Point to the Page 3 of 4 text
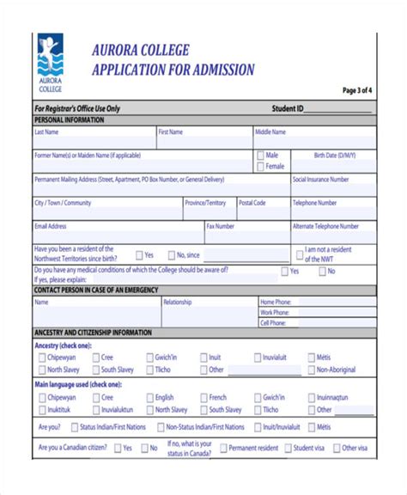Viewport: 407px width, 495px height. coord(356,90)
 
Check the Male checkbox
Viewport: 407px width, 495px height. coord(259,156)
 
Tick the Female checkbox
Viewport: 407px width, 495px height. coord(259,167)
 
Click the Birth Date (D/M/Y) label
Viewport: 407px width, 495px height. coord(333,156)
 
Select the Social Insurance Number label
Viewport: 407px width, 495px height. coord(321,180)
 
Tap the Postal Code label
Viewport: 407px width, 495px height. coord(252,203)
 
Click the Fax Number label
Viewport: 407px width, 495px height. coord(221,226)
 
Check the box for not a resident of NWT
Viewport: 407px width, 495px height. coord(300,254)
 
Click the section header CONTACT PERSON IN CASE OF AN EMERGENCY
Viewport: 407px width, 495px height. coord(95,290)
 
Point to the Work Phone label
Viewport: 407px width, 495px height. coord(275,313)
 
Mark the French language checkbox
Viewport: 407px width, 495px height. coord(202,398)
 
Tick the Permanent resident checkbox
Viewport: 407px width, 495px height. coord(223,448)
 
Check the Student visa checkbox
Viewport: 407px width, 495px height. coord(287,448)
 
